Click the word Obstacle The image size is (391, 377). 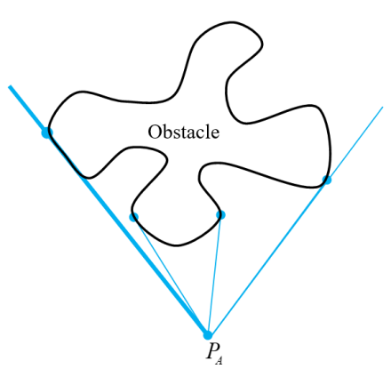[184, 132]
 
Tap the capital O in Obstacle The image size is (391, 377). [154, 132]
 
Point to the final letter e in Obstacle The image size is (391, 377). [215, 134]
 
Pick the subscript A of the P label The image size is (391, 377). [219, 361]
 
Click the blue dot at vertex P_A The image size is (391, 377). [208, 335]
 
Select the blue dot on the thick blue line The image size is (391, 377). [46, 132]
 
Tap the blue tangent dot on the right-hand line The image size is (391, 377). [326, 180]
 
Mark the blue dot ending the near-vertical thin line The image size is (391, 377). [220, 214]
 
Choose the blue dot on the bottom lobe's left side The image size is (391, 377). [133, 217]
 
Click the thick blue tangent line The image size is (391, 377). [108, 211]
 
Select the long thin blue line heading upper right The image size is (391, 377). [295, 221]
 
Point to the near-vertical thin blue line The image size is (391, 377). [214, 275]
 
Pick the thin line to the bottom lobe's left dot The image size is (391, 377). [171, 276]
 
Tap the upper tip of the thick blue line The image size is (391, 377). [10, 86]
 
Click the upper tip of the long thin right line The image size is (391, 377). [383, 107]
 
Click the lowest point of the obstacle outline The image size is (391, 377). [177, 245]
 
